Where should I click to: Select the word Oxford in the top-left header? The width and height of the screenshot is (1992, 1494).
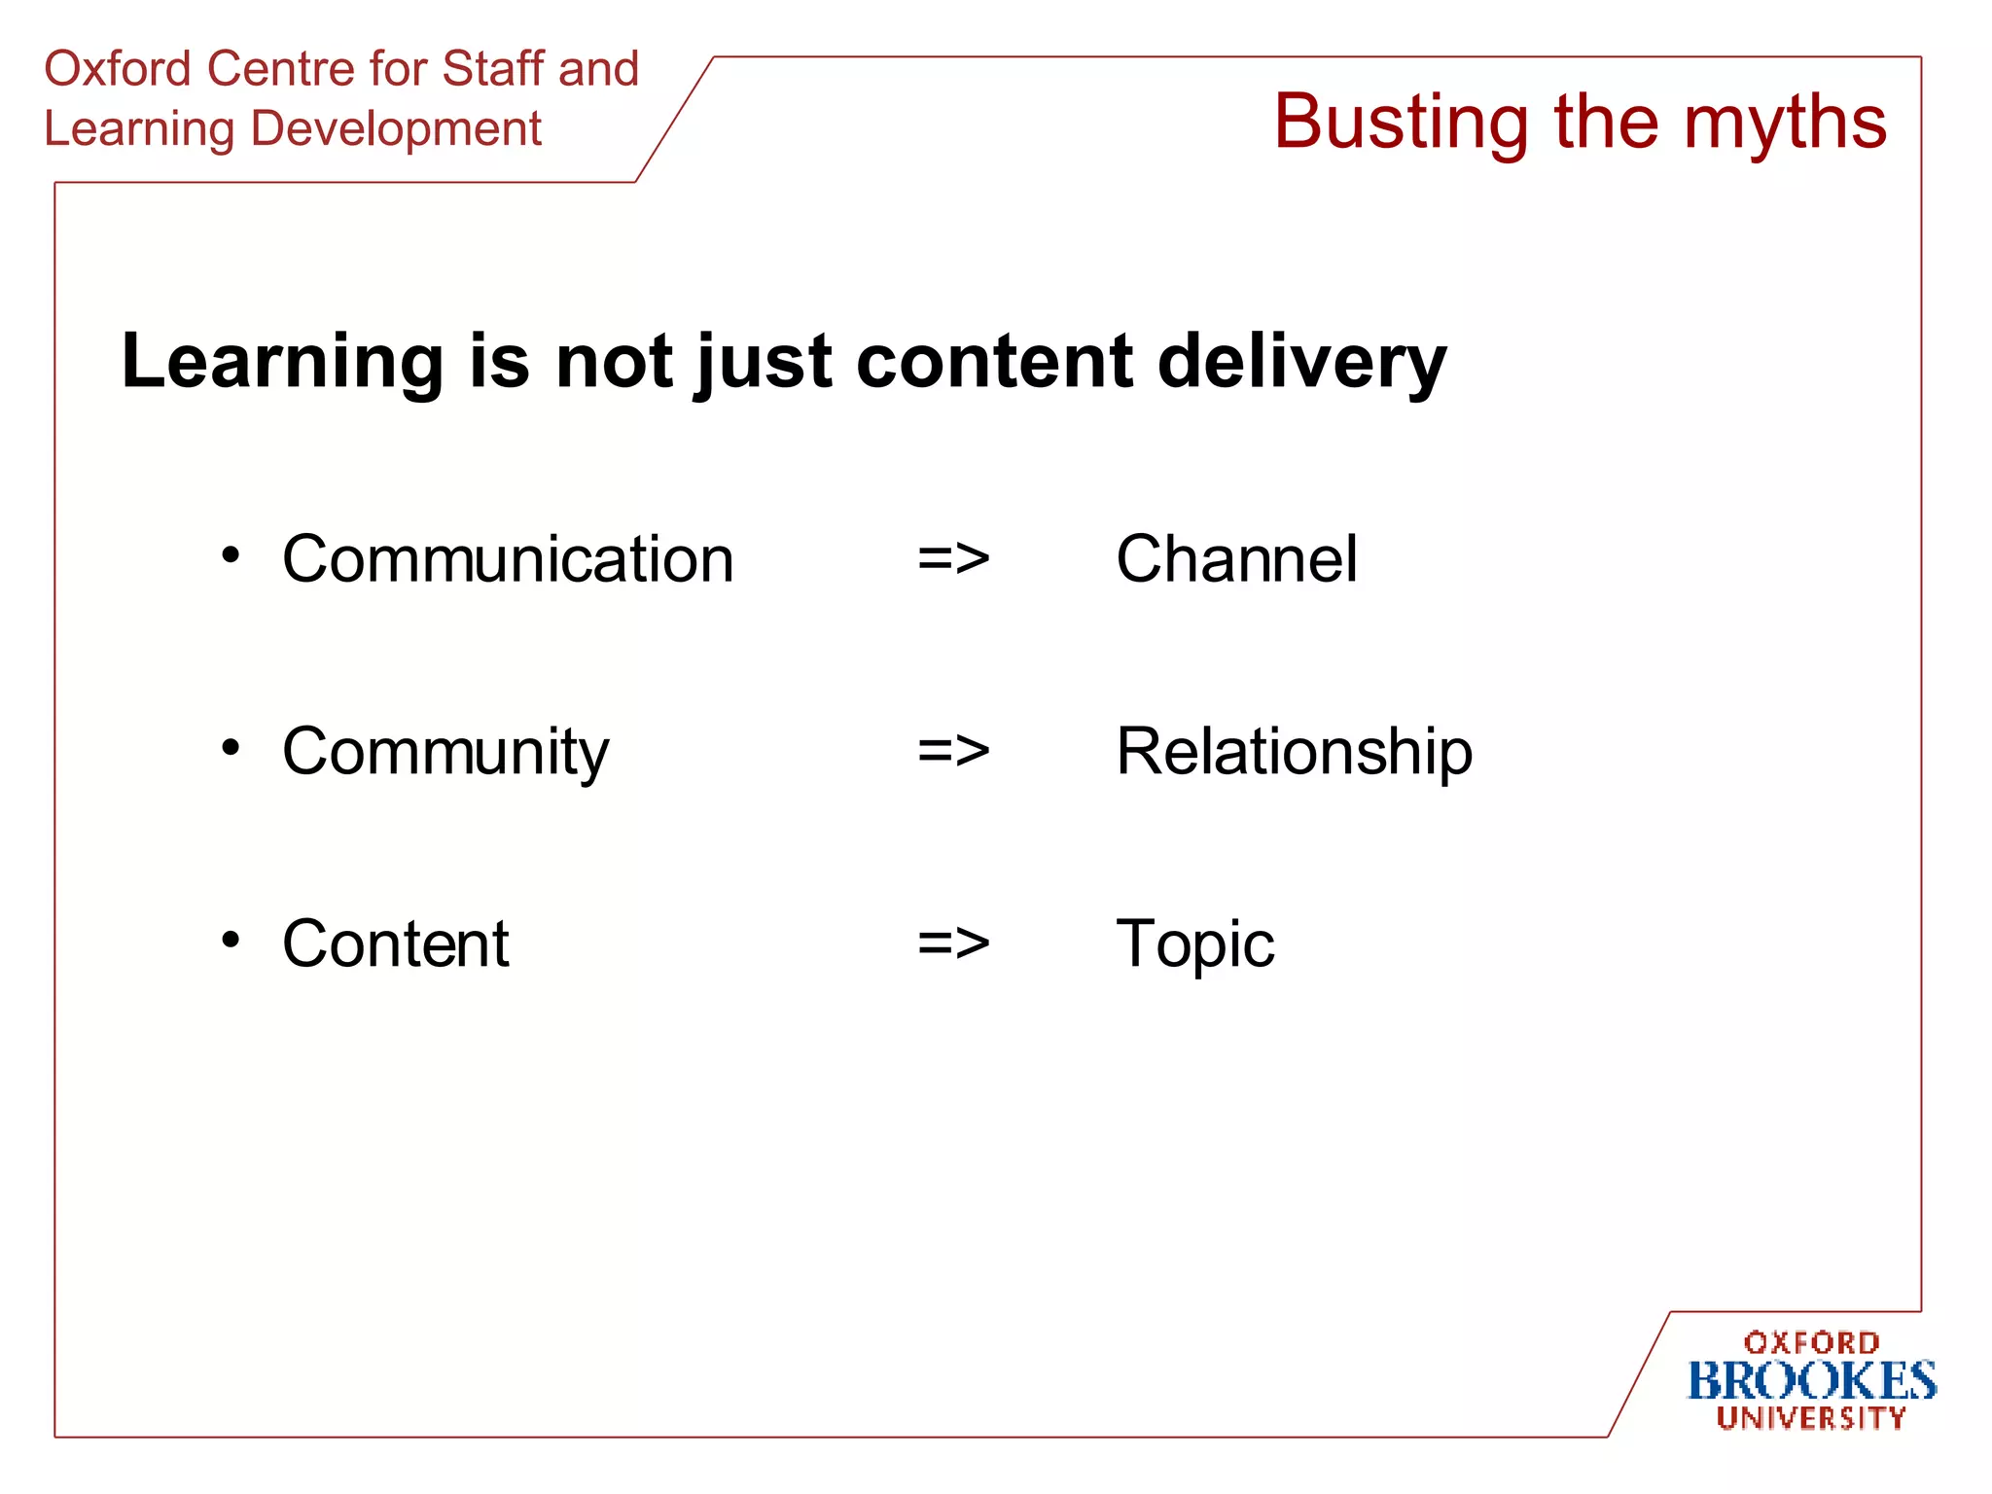point(118,69)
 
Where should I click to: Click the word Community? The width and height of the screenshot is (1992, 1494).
point(445,752)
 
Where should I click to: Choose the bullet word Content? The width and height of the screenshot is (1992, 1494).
point(395,943)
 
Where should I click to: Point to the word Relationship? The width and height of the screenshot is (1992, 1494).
point(1294,752)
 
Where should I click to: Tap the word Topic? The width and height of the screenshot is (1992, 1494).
point(1194,943)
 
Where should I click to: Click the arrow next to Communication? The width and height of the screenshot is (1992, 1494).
point(953,559)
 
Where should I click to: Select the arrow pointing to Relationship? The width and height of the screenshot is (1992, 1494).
point(953,752)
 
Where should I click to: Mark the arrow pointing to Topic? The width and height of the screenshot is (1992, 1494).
point(953,943)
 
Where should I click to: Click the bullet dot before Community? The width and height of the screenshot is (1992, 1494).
point(231,747)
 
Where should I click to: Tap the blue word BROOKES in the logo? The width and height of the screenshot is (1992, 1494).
point(1811,1381)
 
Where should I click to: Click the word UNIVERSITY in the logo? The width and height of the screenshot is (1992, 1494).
point(1811,1418)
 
